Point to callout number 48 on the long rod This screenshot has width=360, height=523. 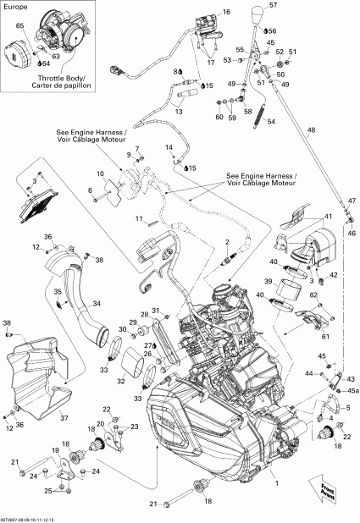click(x=310, y=129)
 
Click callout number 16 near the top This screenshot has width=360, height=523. click(x=225, y=13)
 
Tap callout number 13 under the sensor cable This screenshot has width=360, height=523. click(x=179, y=110)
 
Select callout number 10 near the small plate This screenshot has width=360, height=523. click(x=100, y=174)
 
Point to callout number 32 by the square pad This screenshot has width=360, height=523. click(x=119, y=380)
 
